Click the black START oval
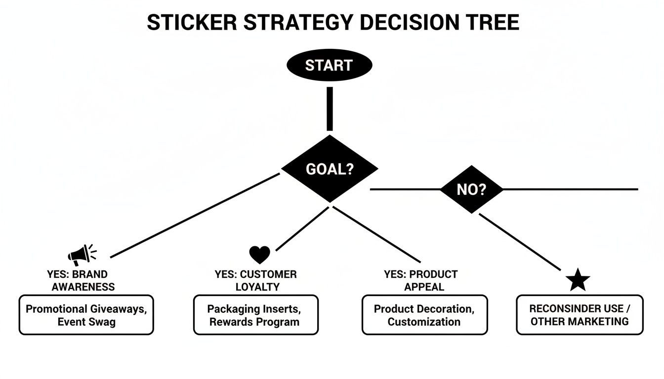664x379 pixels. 329,66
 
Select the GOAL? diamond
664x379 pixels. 330,169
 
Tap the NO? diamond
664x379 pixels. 471,189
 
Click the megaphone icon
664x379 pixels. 81,255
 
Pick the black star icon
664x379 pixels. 578,280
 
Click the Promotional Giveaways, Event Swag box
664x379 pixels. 86,315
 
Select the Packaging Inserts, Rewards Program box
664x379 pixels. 255,315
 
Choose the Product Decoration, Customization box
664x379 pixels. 424,315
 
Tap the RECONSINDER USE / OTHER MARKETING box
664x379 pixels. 580,315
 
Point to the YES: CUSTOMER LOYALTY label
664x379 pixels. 255,280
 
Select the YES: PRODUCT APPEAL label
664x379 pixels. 421,280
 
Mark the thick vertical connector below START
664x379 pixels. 330,109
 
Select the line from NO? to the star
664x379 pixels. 520,242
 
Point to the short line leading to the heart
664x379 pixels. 301,229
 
